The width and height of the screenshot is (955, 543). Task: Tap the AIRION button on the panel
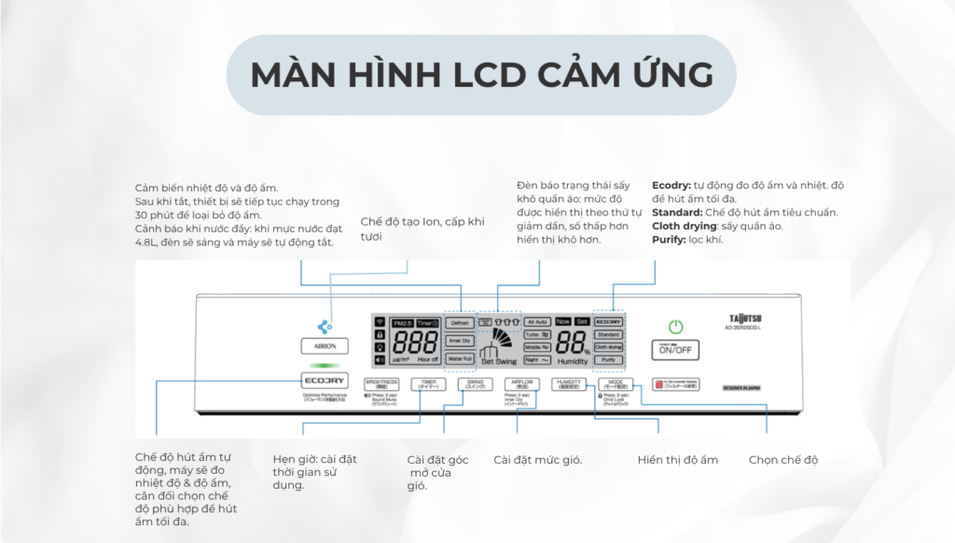325,345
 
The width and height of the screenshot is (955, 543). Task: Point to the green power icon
676,327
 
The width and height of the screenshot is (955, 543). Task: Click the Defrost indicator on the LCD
459,323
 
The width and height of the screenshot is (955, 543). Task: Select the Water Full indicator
459,358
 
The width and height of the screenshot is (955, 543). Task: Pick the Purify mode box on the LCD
608,359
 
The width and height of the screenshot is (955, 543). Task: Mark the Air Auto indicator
536,321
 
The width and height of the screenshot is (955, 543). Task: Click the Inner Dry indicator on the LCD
459,341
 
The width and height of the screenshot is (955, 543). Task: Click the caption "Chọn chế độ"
783,460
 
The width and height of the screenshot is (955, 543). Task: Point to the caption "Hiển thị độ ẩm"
678,460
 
